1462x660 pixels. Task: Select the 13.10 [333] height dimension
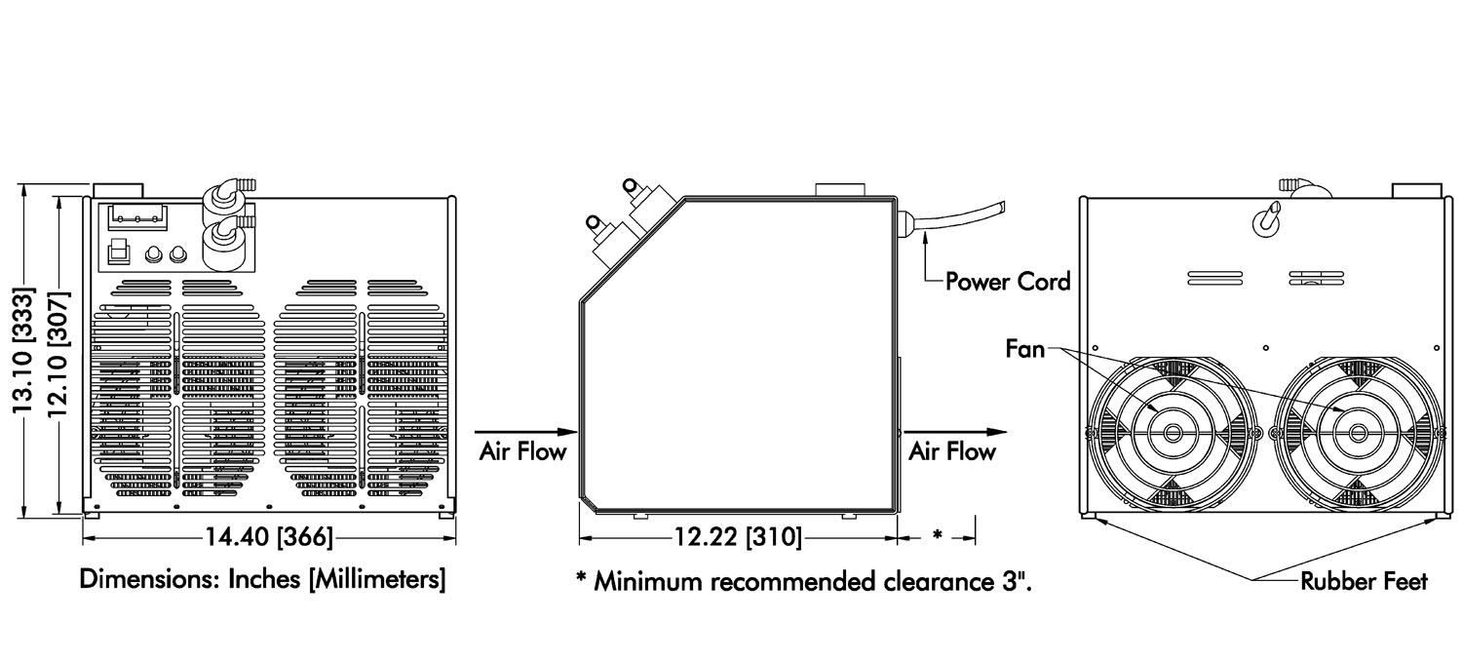(x=24, y=350)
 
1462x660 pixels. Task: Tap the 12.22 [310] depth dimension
(x=738, y=537)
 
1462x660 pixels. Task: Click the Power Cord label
(x=1008, y=282)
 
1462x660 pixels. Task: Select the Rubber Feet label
(x=1364, y=582)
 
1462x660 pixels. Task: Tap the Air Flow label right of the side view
(x=952, y=451)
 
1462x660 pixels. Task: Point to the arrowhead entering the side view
(x=568, y=431)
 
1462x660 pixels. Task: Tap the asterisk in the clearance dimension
(x=937, y=535)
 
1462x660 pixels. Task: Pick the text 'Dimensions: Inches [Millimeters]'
(x=263, y=580)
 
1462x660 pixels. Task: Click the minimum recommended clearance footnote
(x=803, y=583)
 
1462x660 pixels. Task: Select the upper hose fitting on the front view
(x=226, y=189)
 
